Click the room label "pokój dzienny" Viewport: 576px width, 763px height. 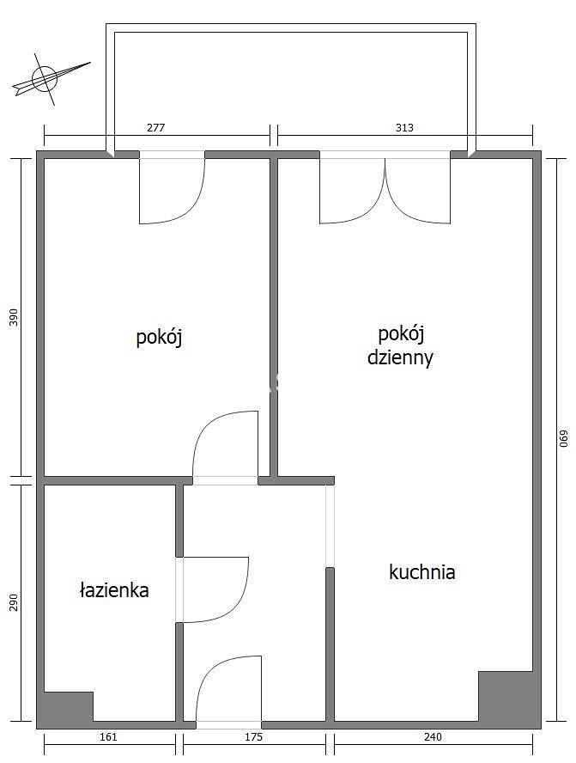point(400,346)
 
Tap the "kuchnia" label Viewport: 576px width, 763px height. point(422,571)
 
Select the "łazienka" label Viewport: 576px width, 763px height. point(114,589)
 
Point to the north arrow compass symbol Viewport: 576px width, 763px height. point(51,78)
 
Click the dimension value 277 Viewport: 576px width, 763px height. point(156,127)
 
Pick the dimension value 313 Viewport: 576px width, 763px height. point(404,127)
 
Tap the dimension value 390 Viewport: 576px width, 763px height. point(14,317)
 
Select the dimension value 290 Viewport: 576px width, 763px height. point(14,602)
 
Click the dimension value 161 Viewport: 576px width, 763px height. point(108,737)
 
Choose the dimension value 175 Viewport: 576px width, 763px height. point(253,737)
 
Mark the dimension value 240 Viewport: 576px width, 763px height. point(434,737)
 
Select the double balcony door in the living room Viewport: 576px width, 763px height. point(385,190)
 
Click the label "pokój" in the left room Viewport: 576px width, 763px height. point(159,337)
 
